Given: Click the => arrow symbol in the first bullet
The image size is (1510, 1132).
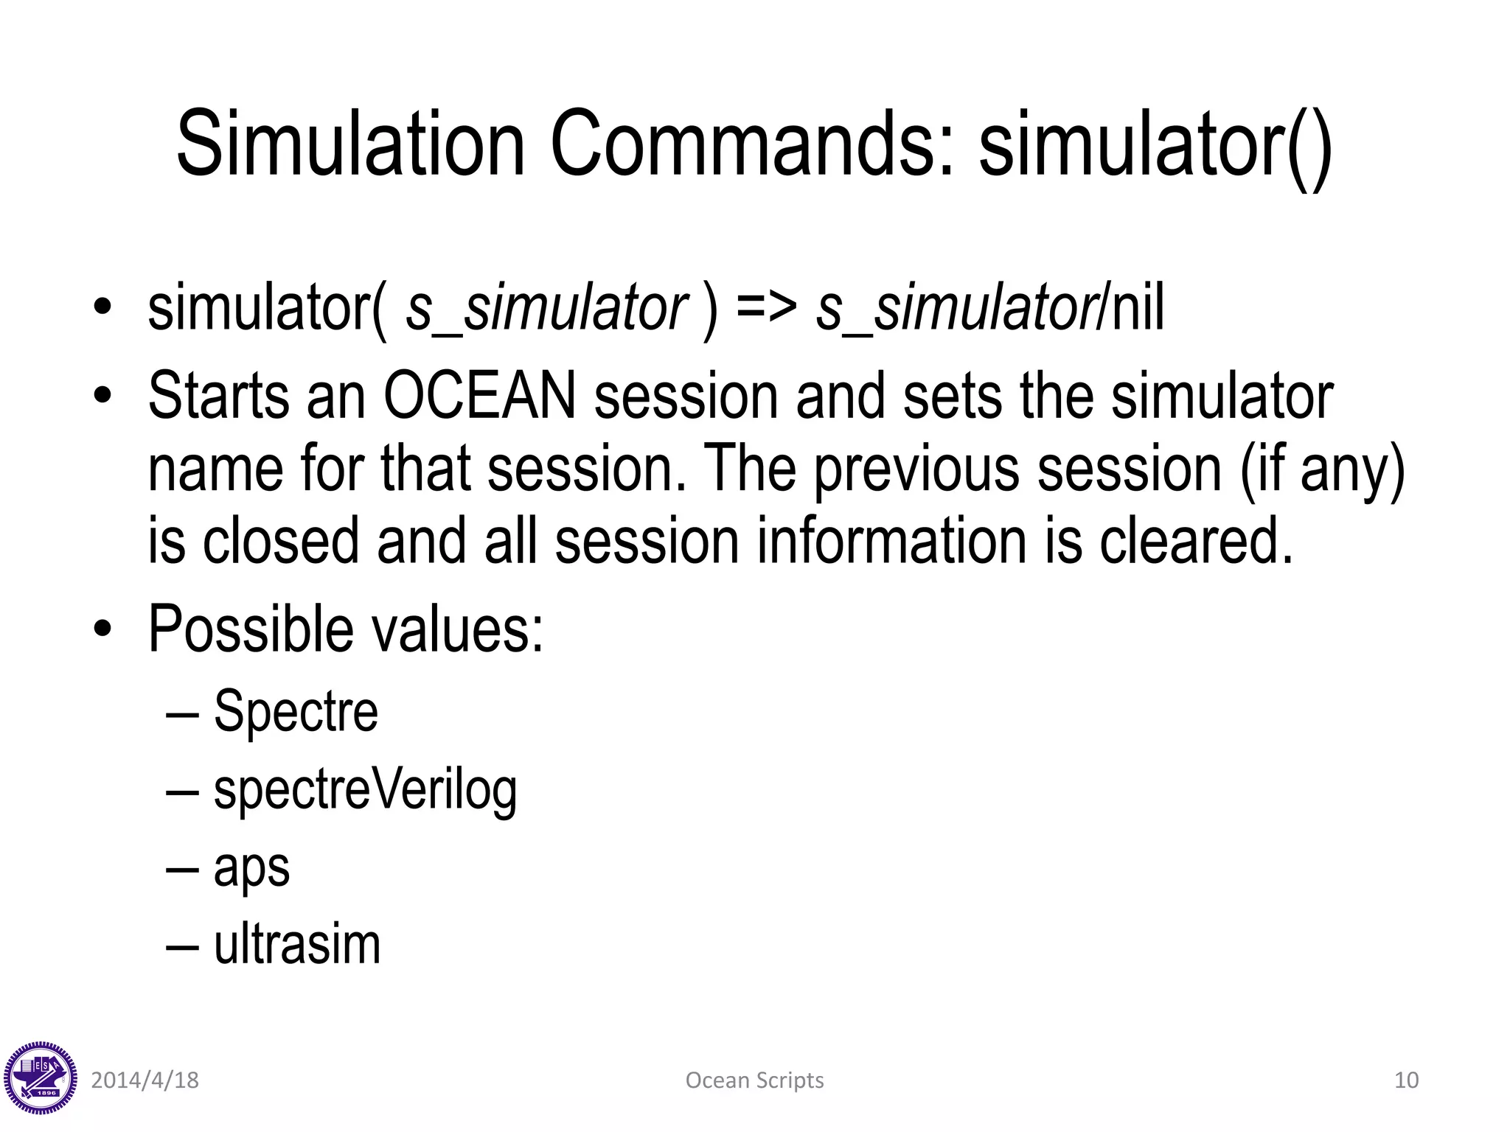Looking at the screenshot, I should [766, 308].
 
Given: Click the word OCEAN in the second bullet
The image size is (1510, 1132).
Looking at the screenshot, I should [479, 396].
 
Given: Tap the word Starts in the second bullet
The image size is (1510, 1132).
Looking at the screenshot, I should [218, 396].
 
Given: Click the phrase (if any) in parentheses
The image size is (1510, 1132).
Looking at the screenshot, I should [1323, 469].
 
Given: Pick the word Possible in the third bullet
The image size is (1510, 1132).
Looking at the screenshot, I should [251, 629].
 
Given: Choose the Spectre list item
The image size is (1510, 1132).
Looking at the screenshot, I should [296, 713].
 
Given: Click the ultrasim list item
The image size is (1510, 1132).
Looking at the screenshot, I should [297, 945].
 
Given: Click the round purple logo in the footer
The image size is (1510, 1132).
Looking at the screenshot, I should [40, 1078].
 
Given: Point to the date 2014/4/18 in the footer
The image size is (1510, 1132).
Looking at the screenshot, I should [145, 1080].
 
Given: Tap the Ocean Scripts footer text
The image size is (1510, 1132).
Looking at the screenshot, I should [754, 1080].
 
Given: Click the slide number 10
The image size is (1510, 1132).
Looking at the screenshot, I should [1406, 1080].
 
